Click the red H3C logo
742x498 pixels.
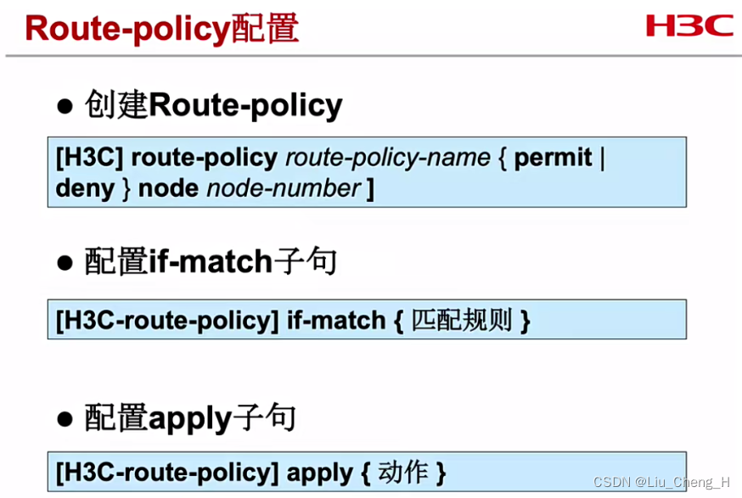tap(689, 25)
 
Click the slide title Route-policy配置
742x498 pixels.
tap(161, 28)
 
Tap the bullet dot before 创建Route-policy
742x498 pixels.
tap(65, 106)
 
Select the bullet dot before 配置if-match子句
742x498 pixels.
tap(65, 263)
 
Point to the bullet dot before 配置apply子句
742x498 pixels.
tap(65, 419)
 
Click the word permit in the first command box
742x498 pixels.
tap(554, 158)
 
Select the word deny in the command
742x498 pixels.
tap(85, 187)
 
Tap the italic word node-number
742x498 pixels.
tap(284, 187)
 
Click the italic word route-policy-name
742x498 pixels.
tap(388, 158)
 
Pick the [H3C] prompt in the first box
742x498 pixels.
tap(89, 158)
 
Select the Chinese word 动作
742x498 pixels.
tap(403, 472)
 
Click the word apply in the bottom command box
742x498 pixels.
tap(320, 473)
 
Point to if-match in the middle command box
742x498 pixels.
tap(336, 321)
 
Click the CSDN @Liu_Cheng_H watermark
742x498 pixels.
tap(660, 482)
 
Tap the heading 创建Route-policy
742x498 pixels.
tap(213, 106)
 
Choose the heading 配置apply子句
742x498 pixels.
tap(190, 419)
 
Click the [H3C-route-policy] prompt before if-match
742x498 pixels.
tap(167, 321)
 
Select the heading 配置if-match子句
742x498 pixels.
tap(211, 263)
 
